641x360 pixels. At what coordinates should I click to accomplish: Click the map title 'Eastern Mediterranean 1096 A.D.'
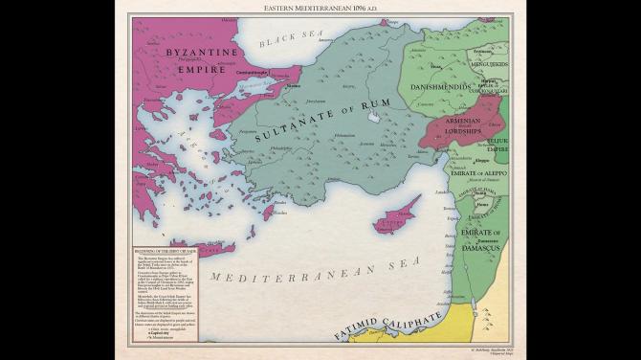click(x=320, y=8)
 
